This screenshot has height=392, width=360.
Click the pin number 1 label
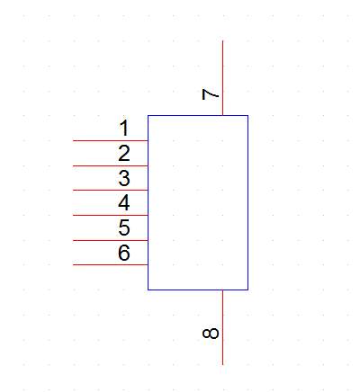124,128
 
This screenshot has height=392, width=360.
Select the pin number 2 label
124,153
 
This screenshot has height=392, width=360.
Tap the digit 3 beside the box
124,178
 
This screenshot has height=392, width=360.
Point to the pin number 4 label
124,203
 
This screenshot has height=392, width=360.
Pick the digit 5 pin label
124,227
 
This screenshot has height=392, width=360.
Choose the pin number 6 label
124,253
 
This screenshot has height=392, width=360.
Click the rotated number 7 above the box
211,94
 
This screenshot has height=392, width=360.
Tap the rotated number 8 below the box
211,334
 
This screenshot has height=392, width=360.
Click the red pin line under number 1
111,140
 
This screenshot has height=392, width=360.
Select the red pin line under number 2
111,165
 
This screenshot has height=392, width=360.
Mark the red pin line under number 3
111,190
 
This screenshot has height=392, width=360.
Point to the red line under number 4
111,215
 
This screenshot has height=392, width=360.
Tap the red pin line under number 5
111,240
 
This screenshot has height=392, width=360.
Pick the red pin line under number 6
111,264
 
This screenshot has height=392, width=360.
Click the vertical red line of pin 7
222,78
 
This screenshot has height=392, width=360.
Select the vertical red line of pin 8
222,327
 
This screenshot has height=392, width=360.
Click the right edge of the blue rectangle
247,202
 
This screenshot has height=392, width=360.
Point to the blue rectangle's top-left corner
148,115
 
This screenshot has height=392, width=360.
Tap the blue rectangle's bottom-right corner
247,290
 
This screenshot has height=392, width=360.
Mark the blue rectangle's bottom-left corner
148,290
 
